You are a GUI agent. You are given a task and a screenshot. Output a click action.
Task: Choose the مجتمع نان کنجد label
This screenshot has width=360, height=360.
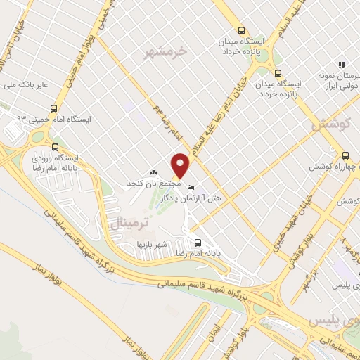(x=154, y=183)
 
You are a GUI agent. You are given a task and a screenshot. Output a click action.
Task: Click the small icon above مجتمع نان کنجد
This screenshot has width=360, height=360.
(x=154, y=172)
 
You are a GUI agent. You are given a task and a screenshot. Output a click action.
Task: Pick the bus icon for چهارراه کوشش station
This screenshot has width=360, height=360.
(x=345, y=155)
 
